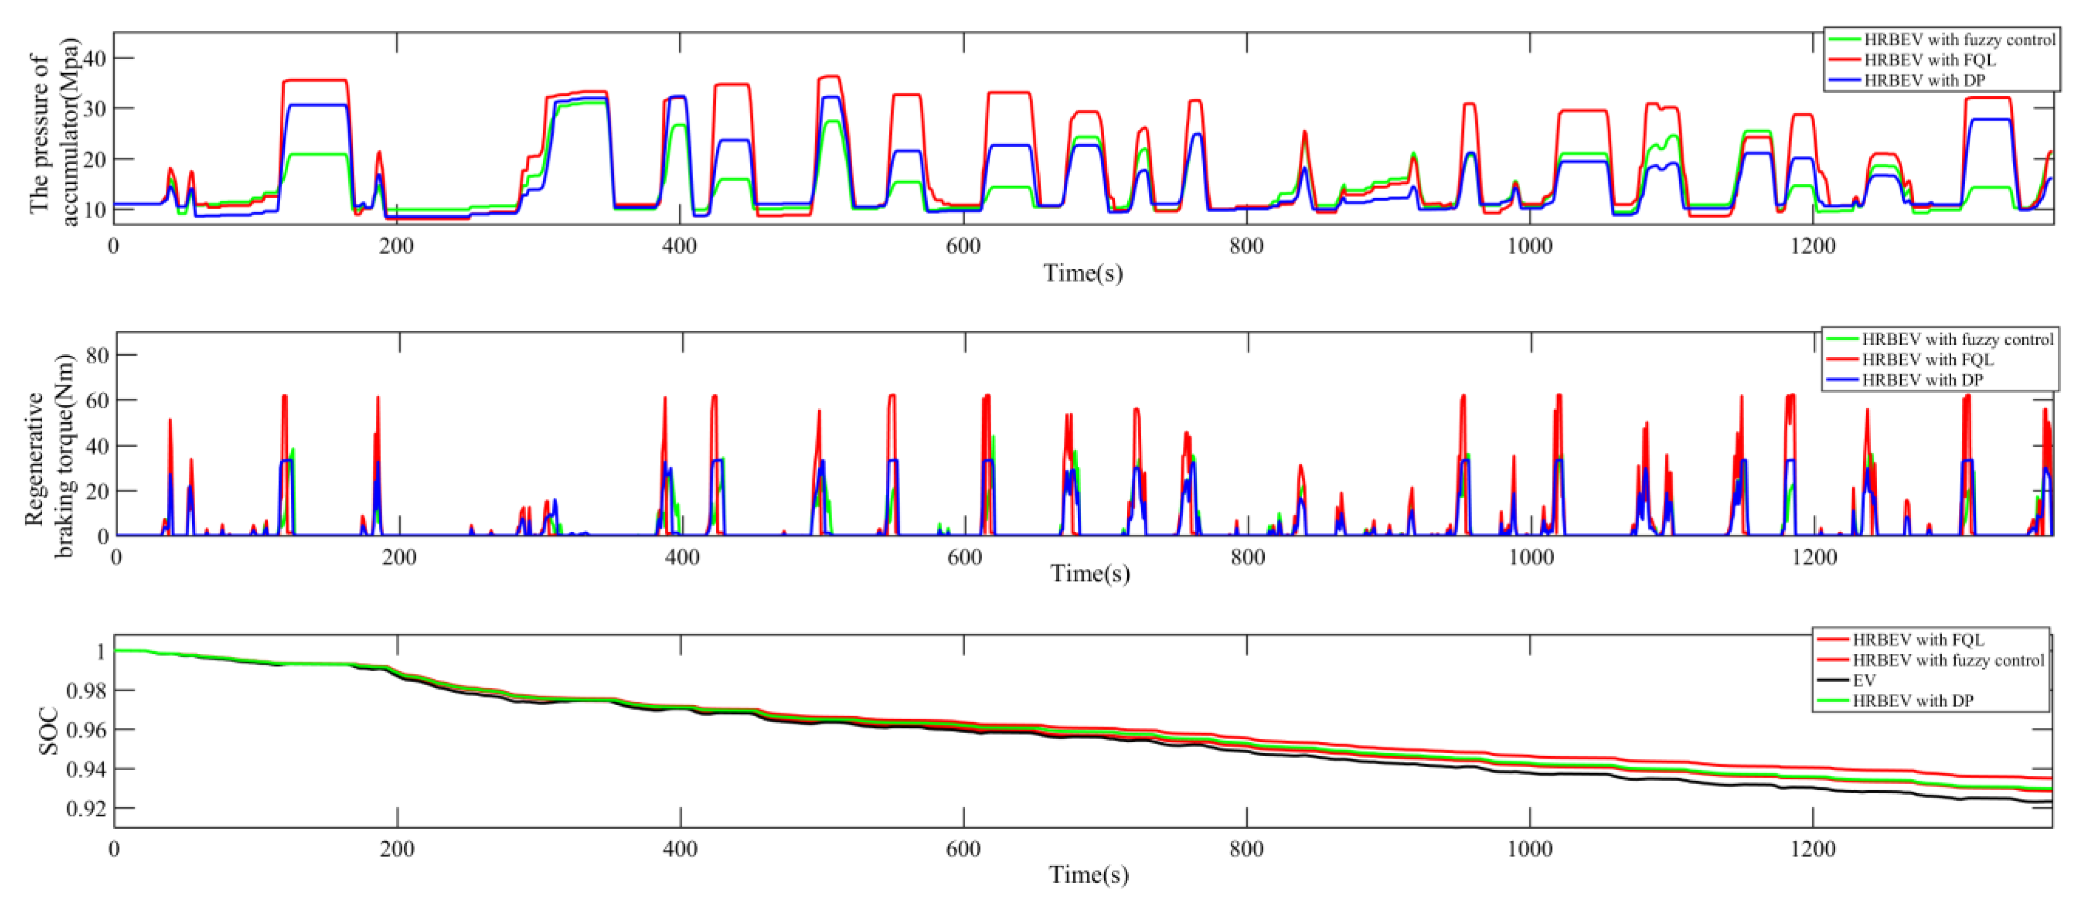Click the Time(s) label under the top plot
point(1082,273)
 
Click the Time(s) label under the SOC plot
point(1088,875)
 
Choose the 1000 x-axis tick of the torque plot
point(1530,557)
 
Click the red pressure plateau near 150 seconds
point(316,80)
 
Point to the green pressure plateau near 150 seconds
point(316,154)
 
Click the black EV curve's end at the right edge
point(2047,802)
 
